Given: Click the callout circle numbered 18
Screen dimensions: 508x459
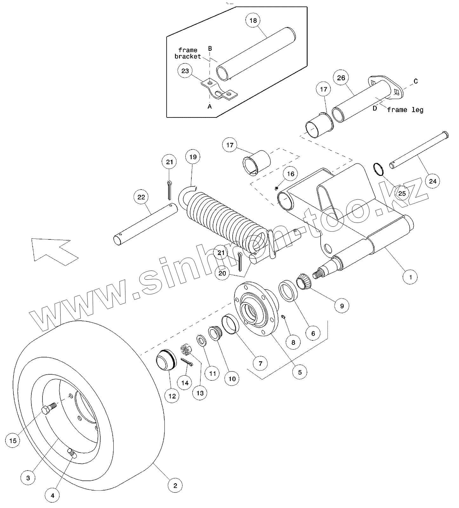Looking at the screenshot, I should click(253, 21).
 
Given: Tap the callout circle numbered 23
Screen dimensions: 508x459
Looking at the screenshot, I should click(185, 71).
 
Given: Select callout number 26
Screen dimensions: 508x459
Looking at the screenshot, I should click(341, 78).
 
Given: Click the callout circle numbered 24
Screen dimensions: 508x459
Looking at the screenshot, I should click(433, 181).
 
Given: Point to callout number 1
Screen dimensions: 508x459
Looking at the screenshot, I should click(410, 277).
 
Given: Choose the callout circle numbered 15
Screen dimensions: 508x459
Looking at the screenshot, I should click(13, 441).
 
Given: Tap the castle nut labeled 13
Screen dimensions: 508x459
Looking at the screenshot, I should click(186, 350).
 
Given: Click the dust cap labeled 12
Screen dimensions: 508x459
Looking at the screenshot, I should click(166, 360).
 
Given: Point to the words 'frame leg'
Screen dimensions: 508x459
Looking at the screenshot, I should click(405, 110).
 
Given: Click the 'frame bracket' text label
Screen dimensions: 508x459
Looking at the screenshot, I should click(188, 53).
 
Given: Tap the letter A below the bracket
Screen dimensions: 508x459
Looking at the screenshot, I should click(210, 107).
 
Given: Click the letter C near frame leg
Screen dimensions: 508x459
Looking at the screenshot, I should click(416, 81).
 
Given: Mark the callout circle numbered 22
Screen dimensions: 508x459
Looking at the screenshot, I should click(141, 197).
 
